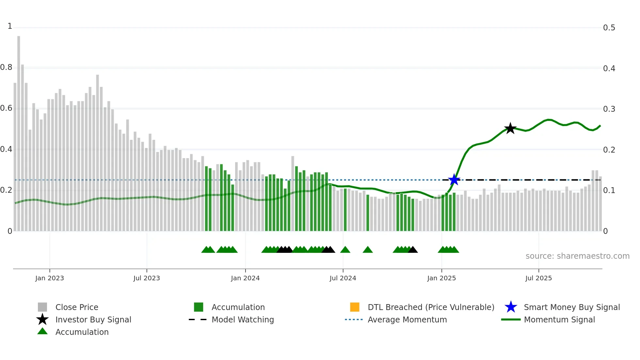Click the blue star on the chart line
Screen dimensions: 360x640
click(x=454, y=180)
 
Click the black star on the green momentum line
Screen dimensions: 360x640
click(x=510, y=128)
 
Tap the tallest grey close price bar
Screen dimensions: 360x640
click(x=19, y=131)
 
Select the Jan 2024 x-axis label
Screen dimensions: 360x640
click(x=245, y=278)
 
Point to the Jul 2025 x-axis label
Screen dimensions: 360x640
click(x=538, y=278)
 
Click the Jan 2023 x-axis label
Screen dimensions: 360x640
click(x=50, y=278)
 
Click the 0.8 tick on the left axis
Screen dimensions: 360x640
click(x=6, y=67)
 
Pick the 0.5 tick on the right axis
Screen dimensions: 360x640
click(x=609, y=28)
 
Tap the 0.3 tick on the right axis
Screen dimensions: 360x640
click(x=609, y=109)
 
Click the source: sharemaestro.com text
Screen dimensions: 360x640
click(x=577, y=256)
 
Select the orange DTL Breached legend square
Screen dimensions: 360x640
click(x=355, y=307)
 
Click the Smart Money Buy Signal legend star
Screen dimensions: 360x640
click(x=511, y=307)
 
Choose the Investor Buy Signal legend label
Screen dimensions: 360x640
click(x=93, y=319)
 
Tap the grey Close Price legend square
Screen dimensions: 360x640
click(x=42, y=307)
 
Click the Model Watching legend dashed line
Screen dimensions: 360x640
click(x=198, y=319)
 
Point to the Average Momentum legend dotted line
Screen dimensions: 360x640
click(x=354, y=319)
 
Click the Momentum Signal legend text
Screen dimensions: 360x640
click(x=559, y=319)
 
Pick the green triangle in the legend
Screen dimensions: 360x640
click(x=42, y=331)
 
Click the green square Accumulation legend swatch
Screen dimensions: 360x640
click(x=199, y=307)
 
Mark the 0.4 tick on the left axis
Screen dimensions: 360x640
click(x=6, y=149)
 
